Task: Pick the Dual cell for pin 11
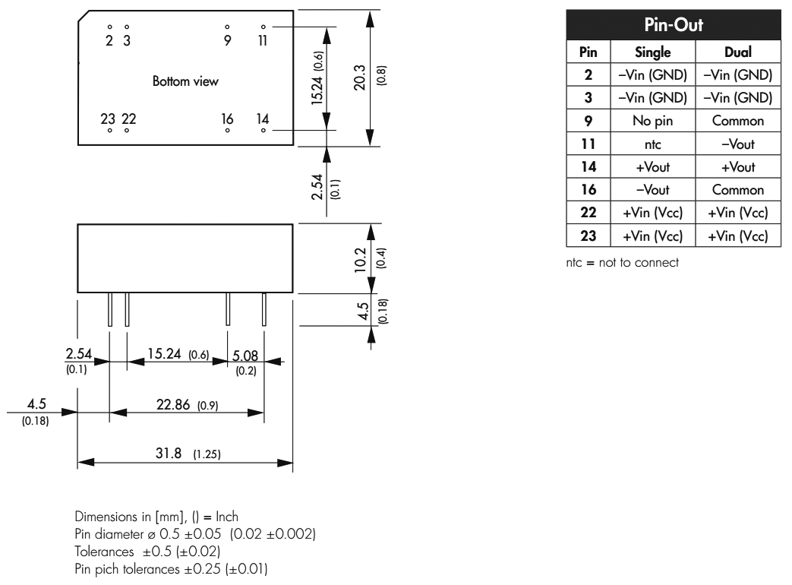(x=740, y=144)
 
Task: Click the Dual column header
(x=740, y=52)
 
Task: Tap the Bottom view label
(x=186, y=81)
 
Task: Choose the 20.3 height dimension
(x=361, y=77)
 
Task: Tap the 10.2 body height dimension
(x=361, y=259)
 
